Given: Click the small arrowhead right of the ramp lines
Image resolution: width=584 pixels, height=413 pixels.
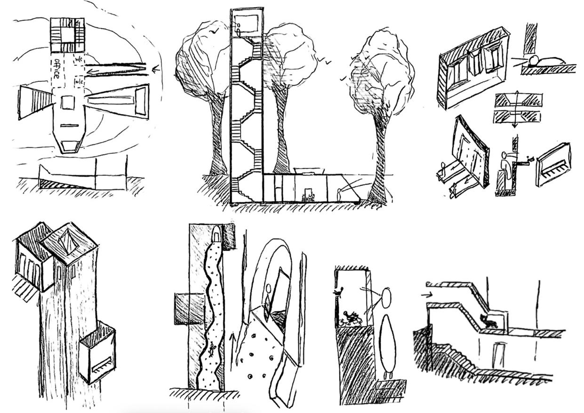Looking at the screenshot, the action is [x=156, y=70].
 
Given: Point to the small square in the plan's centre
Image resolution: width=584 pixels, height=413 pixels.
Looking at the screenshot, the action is [x=68, y=103].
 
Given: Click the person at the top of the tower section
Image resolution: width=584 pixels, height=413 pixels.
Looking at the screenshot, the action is [x=239, y=30].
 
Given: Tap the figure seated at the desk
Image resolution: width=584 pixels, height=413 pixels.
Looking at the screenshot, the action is [x=309, y=195].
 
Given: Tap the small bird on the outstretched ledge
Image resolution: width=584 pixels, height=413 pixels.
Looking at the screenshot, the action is [x=531, y=159].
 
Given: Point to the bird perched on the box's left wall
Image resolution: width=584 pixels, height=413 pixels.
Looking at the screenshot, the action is [x=338, y=292].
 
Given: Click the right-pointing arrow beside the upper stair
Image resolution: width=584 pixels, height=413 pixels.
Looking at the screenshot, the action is [x=426, y=295].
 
